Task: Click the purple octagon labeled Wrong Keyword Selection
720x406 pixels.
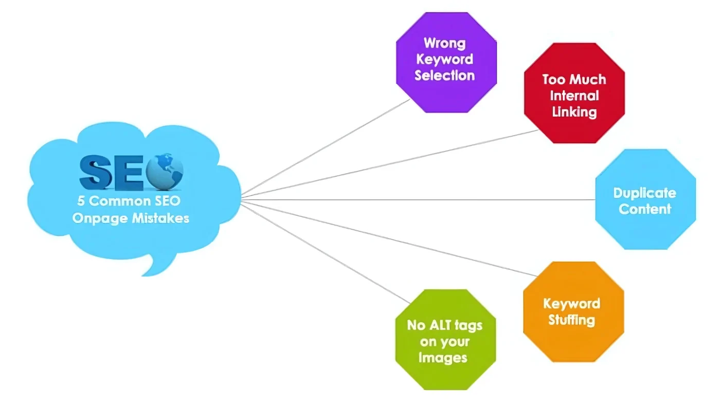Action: pyautogui.click(x=446, y=62)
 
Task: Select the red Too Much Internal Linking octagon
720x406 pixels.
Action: pyautogui.click(x=574, y=94)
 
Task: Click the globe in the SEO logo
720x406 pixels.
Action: pyautogui.click(x=165, y=171)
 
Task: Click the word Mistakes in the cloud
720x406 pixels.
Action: pyautogui.click(x=160, y=218)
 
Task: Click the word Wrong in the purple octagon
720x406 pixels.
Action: pyautogui.click(x=444, y=43)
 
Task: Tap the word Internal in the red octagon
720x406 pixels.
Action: pyautogui.click(x=574, y=96)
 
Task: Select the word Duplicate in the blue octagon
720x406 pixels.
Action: pyautogui.click(x=644, y=193)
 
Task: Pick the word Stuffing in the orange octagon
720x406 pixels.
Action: pyautogui.click(x=571, y=320)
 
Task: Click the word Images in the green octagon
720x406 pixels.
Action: pyautogui.click(x=443, y=357)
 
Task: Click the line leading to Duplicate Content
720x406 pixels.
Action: pyautogui.click(x=411, y=199)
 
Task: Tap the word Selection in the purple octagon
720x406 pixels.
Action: pyautogui.click(x=444, y=76)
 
